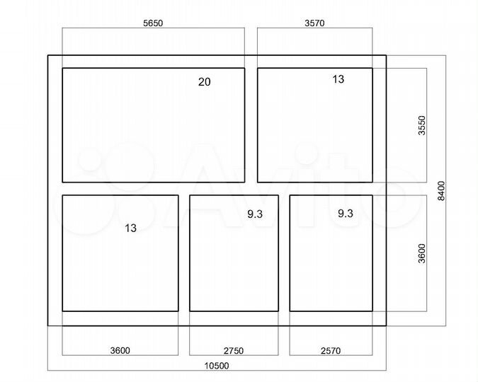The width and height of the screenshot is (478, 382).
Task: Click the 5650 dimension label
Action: [153, 23]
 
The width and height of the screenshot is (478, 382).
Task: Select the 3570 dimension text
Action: [314, 23]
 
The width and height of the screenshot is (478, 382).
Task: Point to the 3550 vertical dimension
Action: [421, 125]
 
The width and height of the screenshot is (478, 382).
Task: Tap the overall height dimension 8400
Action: [441, 191]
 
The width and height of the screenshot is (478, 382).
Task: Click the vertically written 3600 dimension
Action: [421, 253]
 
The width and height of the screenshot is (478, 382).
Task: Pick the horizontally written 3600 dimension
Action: [120, 351]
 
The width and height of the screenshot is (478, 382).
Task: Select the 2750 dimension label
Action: [234, 351]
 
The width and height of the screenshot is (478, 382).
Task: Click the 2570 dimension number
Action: [331, 351]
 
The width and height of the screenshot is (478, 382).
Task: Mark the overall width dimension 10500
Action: [217, 366]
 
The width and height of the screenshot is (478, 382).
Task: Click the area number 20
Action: [204, 81]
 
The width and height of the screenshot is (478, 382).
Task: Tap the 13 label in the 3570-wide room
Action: [338, 79]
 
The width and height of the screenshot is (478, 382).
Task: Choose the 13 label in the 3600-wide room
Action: [130, 228]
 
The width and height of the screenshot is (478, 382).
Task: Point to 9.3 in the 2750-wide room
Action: [255, 214]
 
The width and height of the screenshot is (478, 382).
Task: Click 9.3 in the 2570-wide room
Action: [346, 214]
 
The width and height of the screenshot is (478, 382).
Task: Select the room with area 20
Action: [154, 125]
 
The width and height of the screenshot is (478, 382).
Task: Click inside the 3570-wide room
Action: [315, 125]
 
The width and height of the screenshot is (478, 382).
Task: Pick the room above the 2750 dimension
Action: [234, 253]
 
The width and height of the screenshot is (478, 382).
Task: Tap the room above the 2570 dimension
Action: [331, 253]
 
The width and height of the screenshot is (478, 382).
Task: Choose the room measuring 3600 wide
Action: [120, 253]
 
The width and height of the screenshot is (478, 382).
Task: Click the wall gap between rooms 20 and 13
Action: [251, 125]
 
